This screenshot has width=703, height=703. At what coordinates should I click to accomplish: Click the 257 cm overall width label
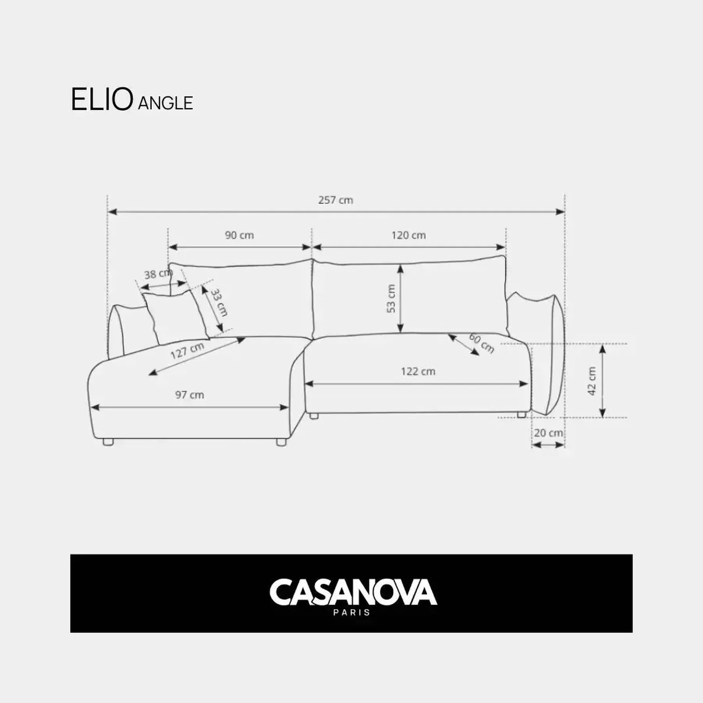click(x=335, y=200)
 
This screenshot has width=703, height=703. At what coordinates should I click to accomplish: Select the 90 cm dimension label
click(x=239, y=235)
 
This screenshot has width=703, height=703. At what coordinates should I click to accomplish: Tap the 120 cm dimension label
click(x=409, y=235)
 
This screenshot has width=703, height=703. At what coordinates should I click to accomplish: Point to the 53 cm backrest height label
click(x=391, y=298)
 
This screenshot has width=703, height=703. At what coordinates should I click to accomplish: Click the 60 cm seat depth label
click(x=482, y=343)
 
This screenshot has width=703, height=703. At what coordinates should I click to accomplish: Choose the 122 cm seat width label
click(x=418, y=371)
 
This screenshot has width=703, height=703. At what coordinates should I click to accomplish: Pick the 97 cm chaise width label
click(x=189, y=395)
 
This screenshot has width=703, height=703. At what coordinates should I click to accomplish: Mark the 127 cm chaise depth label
click(x=187, y=350)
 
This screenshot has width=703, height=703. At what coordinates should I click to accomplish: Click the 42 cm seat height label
click(x=592, y=381)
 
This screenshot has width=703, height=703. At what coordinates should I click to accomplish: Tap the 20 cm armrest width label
click(x=548, y=433)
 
